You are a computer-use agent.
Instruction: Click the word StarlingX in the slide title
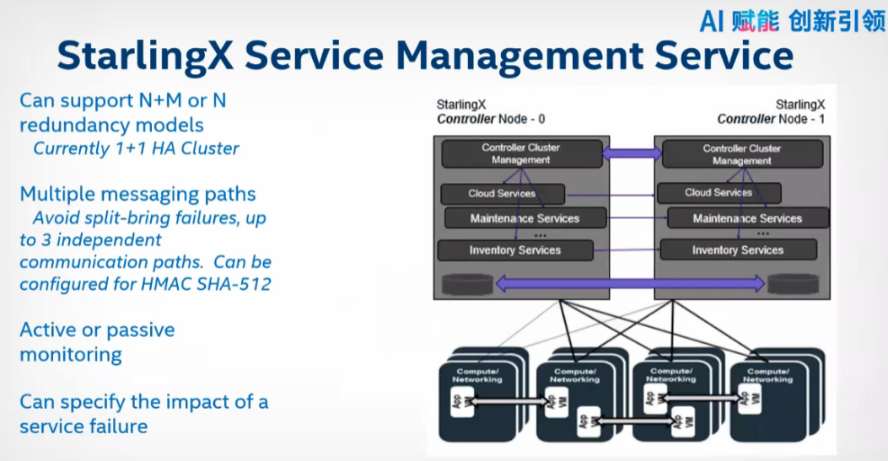143,56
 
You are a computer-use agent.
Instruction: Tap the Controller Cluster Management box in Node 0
520,153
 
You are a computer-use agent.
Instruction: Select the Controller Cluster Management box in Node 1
742,154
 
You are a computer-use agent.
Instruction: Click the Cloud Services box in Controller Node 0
501,194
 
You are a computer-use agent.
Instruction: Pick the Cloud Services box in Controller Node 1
718,193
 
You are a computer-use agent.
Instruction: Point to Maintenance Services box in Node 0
525,218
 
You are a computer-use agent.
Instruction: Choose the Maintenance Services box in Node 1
747,219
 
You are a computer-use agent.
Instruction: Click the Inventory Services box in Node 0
514,250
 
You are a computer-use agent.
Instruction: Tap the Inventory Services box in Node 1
738,250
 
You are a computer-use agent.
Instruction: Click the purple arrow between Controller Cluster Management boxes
632,153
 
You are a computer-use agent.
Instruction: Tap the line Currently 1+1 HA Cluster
136,148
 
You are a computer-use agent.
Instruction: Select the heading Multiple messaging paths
137,194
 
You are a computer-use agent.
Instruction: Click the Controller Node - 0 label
491,119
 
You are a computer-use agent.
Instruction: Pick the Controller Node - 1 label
771,119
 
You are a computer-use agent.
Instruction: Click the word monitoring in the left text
71,355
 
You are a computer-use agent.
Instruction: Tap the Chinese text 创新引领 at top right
837,21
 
